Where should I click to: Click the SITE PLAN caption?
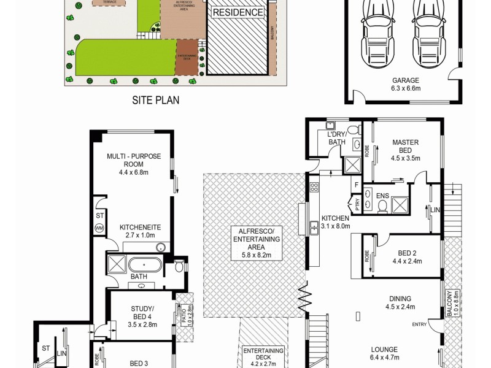coord(157,100)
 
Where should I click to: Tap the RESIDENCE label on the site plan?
coord(238,12)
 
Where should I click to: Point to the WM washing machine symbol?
coord(99,228)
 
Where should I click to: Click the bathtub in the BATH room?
coord(145,266)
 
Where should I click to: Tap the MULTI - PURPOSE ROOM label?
coord(133,160)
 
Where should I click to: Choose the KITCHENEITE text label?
coord(140,227)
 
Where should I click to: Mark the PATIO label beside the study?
coord(184,315)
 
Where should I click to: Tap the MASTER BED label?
coord(405,147)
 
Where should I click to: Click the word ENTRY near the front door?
coord(420,324)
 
